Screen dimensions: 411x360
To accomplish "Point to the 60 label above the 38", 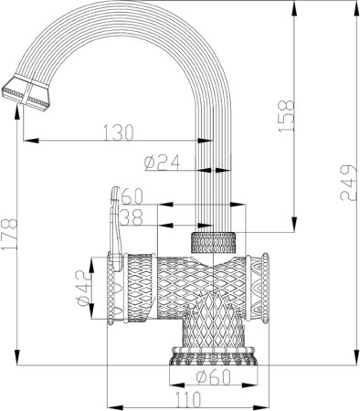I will coord(132,196).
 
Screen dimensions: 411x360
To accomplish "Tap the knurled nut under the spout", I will coord(214,244).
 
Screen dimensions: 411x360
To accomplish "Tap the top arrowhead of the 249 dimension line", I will coord(351,5).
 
